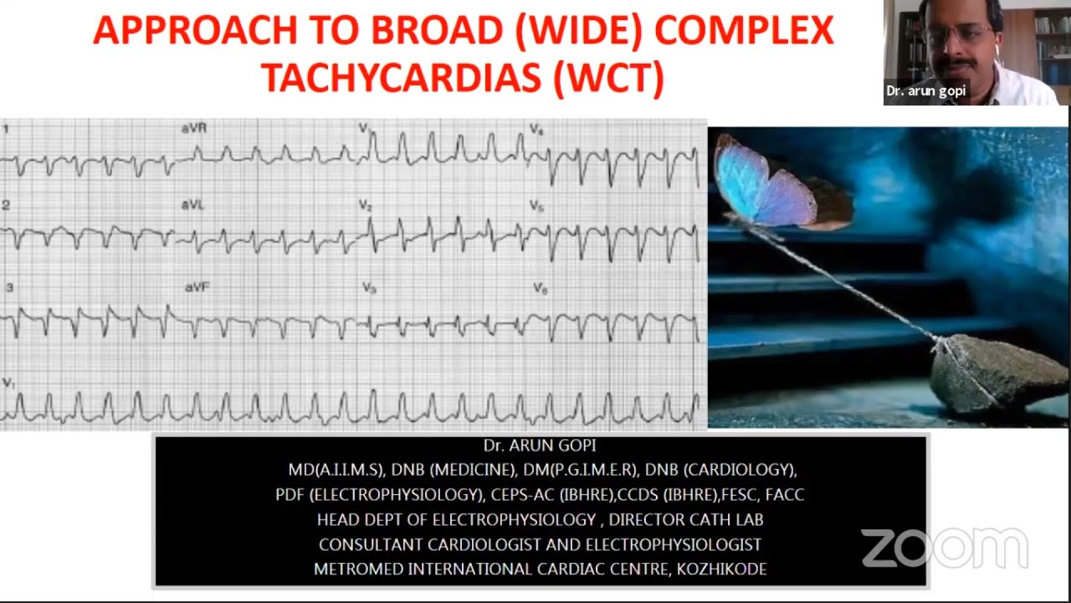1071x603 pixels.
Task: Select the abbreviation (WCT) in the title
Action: pos(608,77)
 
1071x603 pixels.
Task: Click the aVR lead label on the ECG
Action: pos(194,128)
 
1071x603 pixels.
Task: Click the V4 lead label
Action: pos(536,130)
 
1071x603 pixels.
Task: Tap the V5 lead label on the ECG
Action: pos(536,206)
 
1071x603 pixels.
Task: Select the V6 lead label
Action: pos(541,288)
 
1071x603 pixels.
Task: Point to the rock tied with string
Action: pos(996,373)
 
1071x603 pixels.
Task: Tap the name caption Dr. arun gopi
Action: pos(925,90)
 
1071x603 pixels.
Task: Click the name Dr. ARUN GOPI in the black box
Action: pos(540,446)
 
